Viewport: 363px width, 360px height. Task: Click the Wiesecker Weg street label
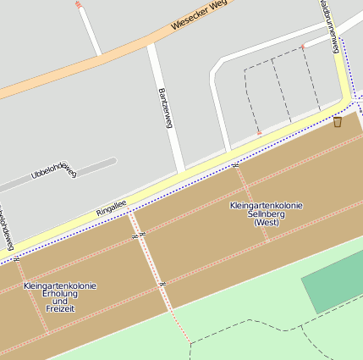tap(200, 16)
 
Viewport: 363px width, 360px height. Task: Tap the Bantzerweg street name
tap(165, 108)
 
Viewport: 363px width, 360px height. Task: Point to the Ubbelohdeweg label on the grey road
tap(53, 171)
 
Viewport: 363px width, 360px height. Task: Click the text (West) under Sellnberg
tap(267, 223)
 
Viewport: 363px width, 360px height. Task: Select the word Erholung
tap(60, 294)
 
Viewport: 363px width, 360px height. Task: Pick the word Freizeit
tap(60, 310)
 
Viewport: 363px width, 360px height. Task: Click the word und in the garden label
tap(60, 302)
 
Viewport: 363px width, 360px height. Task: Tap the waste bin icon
tap(338, 122)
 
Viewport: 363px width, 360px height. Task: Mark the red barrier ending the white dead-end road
tap(79, 4)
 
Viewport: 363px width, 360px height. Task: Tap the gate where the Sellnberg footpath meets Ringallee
tap(234, 165)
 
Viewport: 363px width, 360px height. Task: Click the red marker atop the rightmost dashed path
tap(302, 47)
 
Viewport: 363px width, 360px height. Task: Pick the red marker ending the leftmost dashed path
tap(259, 133)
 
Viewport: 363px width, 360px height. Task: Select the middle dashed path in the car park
tap(282, 89)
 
